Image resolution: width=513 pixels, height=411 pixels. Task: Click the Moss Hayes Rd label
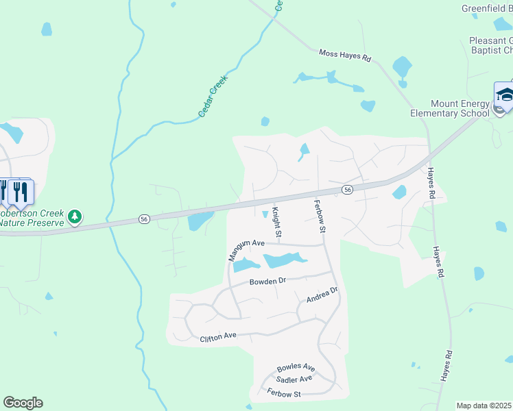345,56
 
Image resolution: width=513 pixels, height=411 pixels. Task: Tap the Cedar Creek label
213,96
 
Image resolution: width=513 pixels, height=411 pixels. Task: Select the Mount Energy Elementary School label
450,108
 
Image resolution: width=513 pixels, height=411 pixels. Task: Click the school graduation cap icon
505,95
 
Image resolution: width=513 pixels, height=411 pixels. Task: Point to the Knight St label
276,223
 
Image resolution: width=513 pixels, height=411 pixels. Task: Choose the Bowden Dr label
267,281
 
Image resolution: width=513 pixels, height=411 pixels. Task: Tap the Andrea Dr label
322,295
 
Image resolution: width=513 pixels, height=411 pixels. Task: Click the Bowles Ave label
296,368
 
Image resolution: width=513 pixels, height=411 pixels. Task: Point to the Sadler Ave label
294,379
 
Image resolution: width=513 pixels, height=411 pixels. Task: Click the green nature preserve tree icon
75,217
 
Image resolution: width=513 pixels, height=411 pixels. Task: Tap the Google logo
23,403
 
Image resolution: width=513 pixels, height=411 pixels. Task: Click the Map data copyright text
484,406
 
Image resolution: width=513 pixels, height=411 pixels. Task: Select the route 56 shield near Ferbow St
348,189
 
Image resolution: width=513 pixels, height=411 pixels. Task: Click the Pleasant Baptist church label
491,45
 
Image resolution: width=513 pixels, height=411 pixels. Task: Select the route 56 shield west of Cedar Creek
143,219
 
